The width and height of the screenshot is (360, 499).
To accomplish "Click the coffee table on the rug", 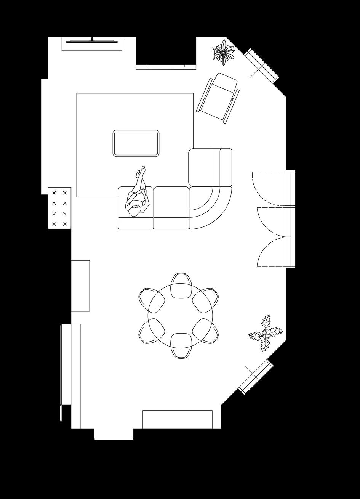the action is tap(136, 143).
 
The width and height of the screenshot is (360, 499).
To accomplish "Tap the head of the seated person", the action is tap(134, 211).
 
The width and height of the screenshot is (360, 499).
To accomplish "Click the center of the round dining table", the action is tap(181, 316).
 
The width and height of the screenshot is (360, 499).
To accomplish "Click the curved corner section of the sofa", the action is tap(210, 207).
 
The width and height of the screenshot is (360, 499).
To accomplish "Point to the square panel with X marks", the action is tap(59, 208).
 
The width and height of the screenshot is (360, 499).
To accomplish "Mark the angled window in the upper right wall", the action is tap(262, 66).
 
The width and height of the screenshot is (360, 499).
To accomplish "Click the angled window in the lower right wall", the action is tap(256, 377).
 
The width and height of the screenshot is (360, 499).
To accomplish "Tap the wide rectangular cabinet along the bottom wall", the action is tap(178, 419).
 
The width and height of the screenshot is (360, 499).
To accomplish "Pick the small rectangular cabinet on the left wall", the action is tap(80, 286).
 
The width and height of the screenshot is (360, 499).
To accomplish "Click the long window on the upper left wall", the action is tap(45, 136).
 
